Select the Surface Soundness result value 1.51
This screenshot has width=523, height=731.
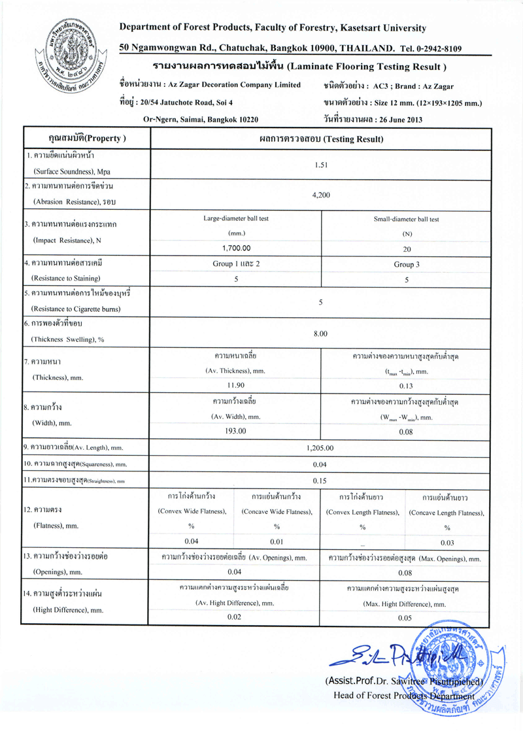point(320,165)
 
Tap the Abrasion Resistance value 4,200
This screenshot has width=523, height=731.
point(320,195)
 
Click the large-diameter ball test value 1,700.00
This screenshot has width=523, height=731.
point(236,248)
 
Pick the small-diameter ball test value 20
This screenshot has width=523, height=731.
point(407,249)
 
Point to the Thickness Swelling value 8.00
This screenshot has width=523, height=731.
point(320,334)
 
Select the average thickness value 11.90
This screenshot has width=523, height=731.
point(235,385)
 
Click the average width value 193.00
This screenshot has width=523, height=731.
point(235,431)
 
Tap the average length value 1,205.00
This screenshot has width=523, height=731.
point(320,448)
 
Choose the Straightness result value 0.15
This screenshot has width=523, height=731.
point(320,481)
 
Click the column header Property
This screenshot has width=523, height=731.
point(87,139)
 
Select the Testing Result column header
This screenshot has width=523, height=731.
point(320,139)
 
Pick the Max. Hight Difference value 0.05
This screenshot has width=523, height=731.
point(405,617)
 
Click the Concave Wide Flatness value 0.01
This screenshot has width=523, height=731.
point(277,541)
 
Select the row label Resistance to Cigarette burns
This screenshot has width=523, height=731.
point(78,308)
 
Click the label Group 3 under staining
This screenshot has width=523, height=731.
point(407,264)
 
